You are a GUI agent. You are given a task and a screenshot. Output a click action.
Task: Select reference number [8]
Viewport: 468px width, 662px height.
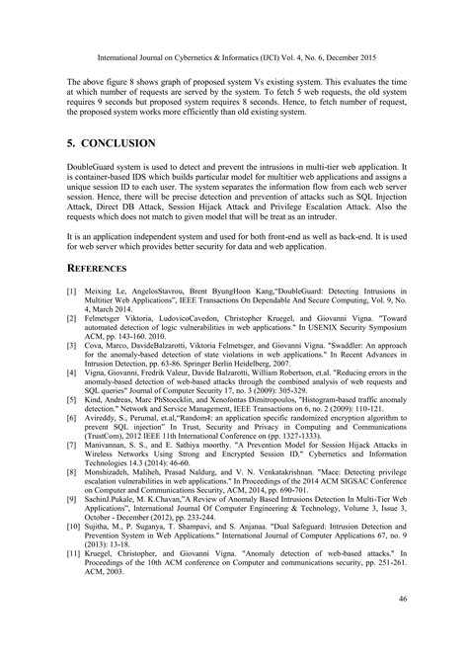71,476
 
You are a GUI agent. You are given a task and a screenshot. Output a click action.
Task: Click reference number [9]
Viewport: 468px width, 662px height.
71,505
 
